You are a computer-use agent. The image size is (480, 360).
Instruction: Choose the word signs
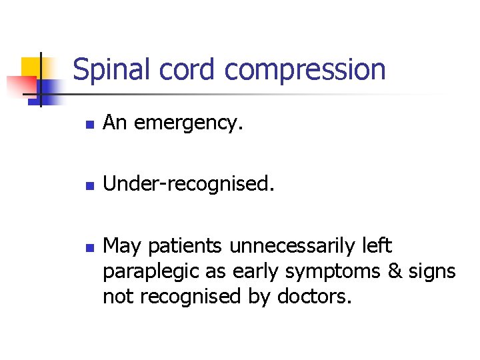433,272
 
